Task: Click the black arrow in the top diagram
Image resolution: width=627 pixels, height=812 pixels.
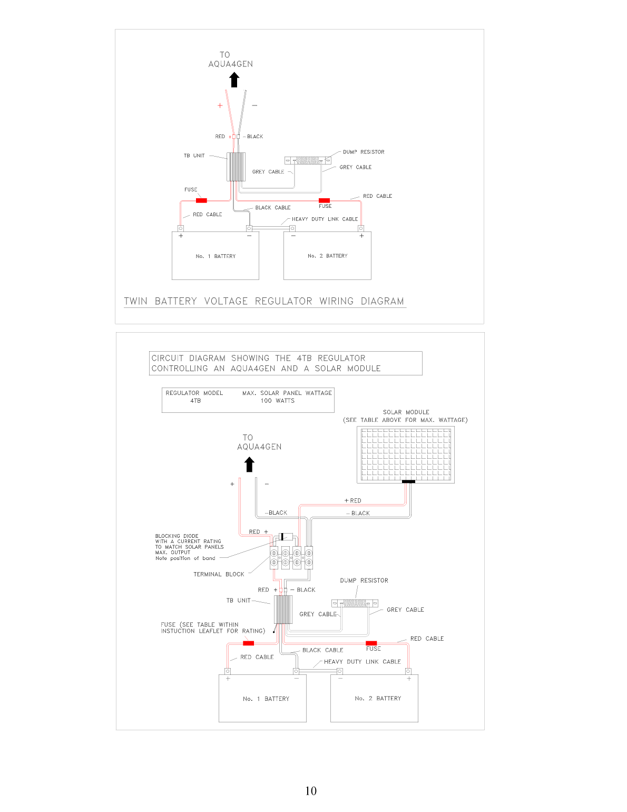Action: click(234, 80)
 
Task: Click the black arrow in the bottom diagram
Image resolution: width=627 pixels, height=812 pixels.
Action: click(249, 465)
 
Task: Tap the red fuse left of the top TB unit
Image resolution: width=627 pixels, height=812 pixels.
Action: click(201, 201)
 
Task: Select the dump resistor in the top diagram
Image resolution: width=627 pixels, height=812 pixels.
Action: click(308, 161)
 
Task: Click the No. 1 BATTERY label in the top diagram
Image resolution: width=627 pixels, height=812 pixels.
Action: click(215, 256)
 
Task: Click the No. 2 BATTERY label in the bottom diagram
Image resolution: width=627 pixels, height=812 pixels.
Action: click(378, 699)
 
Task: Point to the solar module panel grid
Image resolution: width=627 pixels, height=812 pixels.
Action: click(406, 455)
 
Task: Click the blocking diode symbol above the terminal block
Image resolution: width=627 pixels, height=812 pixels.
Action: click(283, 537)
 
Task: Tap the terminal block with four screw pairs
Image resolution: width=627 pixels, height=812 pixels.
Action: click(291, 558)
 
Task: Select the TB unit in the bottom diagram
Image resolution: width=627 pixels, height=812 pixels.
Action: click(283, 610)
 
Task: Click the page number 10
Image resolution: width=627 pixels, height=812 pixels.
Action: click(311, 791)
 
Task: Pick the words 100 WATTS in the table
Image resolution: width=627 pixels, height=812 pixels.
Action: click(278, 401)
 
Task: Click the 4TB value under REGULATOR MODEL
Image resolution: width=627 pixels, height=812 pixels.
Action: click(195, 401)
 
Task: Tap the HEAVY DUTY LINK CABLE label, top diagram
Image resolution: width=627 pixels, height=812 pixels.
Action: click(325, 219)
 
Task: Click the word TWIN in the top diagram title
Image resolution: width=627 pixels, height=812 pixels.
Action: click(135, 301)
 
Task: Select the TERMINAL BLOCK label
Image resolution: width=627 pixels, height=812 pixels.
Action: click(219, 574)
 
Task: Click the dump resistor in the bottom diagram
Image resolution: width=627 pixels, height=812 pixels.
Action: click(355, 604)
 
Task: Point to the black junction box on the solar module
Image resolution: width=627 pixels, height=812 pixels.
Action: click(408, 482)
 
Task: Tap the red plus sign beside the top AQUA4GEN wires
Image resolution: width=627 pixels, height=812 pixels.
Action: click(220, 106)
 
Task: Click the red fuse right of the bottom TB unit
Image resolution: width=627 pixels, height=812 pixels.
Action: click(371, 643)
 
